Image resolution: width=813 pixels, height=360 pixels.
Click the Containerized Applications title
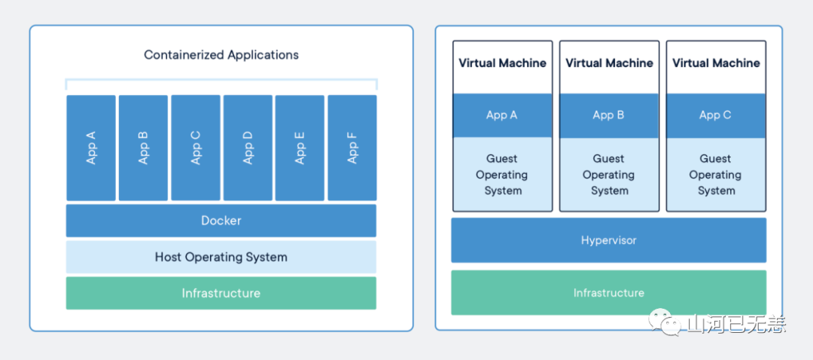221,54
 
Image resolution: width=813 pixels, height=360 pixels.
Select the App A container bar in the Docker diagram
91,148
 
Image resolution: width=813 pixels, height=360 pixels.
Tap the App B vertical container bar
143,148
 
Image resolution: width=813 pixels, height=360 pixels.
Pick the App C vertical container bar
196,148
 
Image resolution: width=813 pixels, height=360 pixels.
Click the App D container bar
248,148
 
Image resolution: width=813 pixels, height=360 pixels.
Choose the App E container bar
300,148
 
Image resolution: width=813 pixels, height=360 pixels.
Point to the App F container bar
352,148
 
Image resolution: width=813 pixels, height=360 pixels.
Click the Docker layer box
221,221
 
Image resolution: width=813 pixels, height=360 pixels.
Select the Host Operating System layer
221,257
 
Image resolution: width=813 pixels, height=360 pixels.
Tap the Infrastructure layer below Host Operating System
221,293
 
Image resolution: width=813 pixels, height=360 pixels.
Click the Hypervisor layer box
609,240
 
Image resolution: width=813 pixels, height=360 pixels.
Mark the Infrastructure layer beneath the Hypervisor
609,292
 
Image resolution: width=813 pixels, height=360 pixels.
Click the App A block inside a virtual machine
502,115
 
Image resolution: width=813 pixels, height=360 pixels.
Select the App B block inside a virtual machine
609,115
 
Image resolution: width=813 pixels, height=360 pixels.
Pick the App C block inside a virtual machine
716,115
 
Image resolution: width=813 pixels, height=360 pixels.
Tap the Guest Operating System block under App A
502,174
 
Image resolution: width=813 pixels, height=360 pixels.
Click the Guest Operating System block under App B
609,174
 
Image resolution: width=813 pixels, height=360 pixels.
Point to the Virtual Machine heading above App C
716,63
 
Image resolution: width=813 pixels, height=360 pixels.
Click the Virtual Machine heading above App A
502,63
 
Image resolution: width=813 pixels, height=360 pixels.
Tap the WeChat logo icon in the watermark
662,322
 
